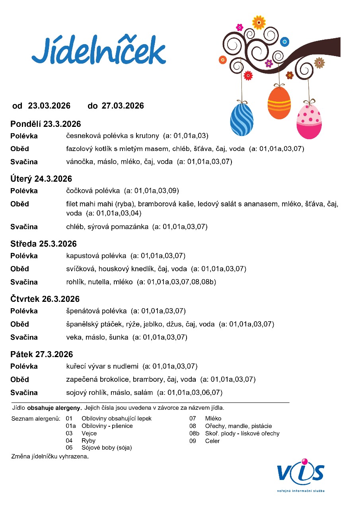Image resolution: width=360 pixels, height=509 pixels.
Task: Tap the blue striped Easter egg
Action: click(242, 119)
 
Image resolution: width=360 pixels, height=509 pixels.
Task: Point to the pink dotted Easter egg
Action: click(309, 121)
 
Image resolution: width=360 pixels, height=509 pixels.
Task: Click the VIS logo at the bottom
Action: click(301, 473)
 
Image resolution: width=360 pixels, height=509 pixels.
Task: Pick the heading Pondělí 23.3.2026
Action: click(46, 124)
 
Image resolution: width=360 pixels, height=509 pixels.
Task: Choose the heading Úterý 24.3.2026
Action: click(41, 179)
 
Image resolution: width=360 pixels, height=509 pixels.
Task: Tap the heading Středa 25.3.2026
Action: click(44, 244)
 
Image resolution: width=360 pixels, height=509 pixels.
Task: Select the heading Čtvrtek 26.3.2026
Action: click(45, 299)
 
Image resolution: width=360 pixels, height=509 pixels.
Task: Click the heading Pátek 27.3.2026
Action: click(42, 354)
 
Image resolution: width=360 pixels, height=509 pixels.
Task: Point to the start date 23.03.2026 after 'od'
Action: click(49, 106)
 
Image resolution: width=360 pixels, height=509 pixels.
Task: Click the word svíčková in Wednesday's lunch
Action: click(81, 269)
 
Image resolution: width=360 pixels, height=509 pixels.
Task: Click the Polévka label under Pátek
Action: click(24, 366)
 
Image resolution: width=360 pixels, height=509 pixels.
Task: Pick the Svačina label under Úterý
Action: click(24, 227)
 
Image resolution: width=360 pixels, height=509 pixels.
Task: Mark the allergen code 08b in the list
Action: click(194, 433)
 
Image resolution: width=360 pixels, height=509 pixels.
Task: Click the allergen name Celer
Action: click(212, 441)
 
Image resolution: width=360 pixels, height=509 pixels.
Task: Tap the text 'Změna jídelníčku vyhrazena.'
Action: click(50, 457)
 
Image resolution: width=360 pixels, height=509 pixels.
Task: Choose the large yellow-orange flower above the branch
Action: click(259, 22)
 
